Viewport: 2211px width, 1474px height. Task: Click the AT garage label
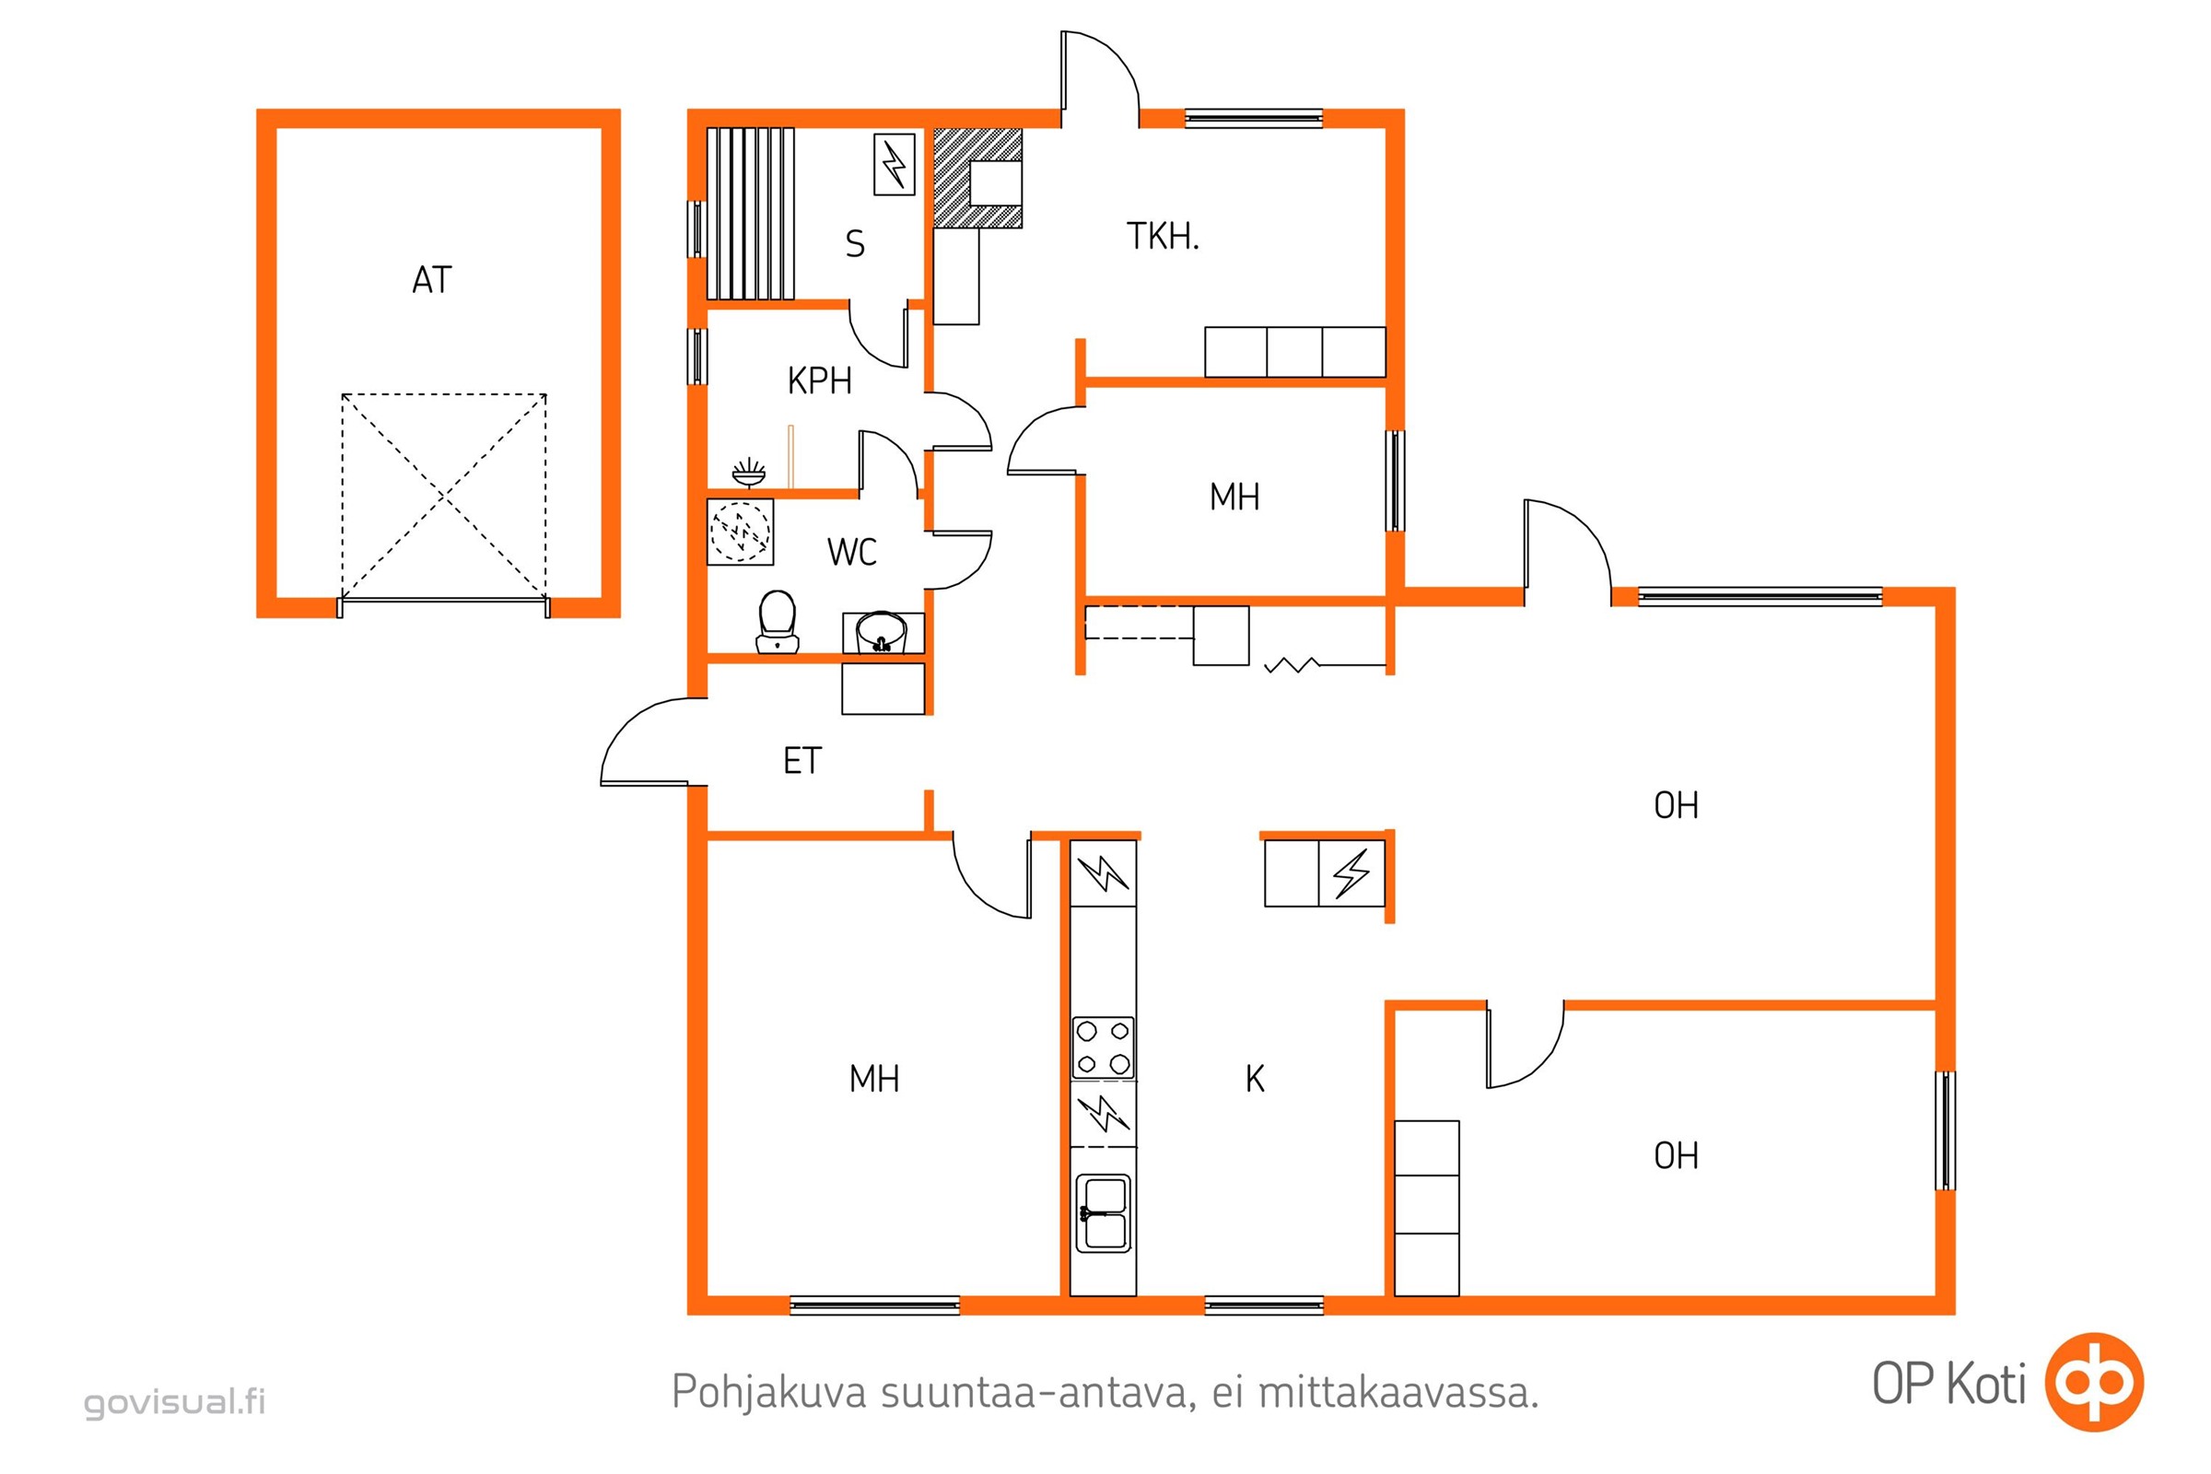click(432, 279)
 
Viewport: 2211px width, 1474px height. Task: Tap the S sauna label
click(855, 243)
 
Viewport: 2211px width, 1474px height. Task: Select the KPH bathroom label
click(820, 380)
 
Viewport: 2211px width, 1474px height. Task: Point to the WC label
click(851, 552)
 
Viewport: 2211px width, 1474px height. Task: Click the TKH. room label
click(1164, 236)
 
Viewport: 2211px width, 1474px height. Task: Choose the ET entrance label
click(802, 761)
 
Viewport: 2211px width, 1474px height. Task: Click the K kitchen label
click(1255, 1079)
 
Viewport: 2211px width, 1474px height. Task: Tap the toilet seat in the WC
click(778, 621)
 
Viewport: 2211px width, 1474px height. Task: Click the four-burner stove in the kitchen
click(1104, 1047)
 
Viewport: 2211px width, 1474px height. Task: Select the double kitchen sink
click(1104, 1212)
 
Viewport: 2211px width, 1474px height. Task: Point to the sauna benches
click(750, 214)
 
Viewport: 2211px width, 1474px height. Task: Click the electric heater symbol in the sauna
click(894, 165)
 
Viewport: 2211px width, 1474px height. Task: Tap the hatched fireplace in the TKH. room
click(977, 178)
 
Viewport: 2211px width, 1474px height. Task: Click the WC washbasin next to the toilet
click(883, 632)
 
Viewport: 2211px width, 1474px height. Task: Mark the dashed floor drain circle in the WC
click(740, 532)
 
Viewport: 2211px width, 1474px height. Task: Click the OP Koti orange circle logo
click(2095, 1382)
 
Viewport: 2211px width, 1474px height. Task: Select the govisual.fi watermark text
click(175, 1401)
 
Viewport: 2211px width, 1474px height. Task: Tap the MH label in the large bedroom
click(874, 1079)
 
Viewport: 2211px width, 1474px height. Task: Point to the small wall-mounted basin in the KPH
click(748, 473)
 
